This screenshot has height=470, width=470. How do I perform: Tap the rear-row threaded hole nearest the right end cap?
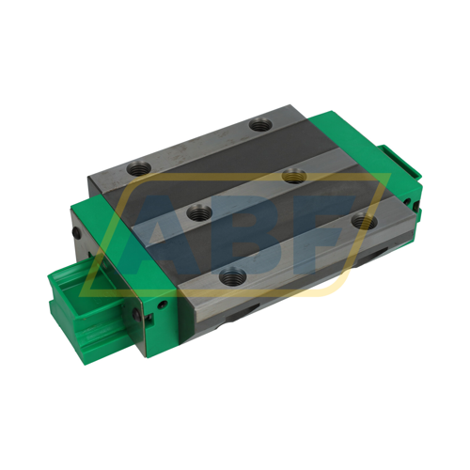click(x=260, y=124)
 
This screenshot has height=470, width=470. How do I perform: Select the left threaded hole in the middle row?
click(x=198, y=213)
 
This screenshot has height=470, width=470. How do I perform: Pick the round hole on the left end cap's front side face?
click(x=164, y=303)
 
